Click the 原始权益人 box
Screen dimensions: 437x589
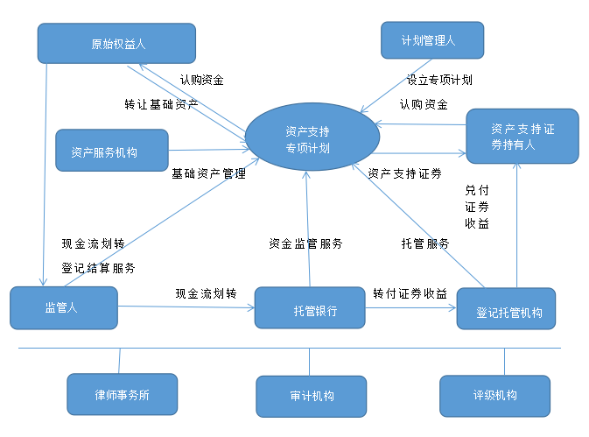[x=116, y=43]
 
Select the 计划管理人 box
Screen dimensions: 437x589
[x=431, y=41]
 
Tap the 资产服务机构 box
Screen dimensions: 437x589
[x=111, y=151]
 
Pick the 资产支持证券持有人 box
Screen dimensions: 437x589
[x=522, y=136]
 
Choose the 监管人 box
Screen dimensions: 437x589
[x=63, y=307]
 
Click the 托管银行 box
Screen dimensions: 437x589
[x=309, y=308]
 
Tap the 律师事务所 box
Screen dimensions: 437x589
[x=122, y=394]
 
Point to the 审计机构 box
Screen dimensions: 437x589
[x=311, y=396]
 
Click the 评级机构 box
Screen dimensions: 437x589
[x=494, y=396]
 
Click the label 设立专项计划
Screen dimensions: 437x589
[x=439, y=80]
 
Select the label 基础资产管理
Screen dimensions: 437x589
[x=208, y=174]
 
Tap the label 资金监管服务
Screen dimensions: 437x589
[x=305, y=243]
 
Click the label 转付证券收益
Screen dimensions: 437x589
[x=410, y=293]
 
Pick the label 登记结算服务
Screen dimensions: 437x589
[x=98, y=268]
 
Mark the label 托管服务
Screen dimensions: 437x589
[x=425, y=243]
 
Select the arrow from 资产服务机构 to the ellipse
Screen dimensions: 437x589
[x=207, y=151]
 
